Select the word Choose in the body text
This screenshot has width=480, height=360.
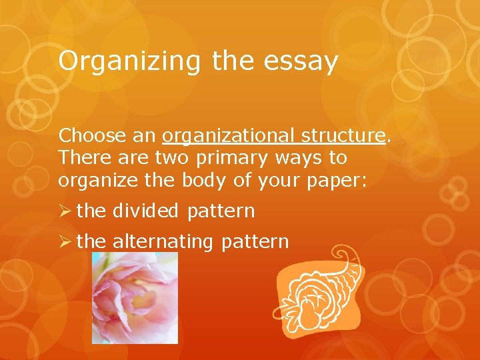(x=92, y=135)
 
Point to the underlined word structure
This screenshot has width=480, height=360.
(x=343, y=135)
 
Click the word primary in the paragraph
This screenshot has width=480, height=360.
(x=232, y=159)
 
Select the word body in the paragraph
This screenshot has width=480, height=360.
(x=204, y=180)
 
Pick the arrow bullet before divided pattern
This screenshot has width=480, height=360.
(x=65, y=211)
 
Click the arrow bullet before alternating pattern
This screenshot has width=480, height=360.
(x=65, y=241)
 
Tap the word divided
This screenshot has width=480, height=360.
(x=145, y=211)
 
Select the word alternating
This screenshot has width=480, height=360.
(x=163, y=242)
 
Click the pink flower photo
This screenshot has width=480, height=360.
(x=135, y=298)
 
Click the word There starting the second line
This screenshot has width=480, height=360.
(x=85, y=157)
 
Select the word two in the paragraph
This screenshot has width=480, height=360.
(x=171, y=158)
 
